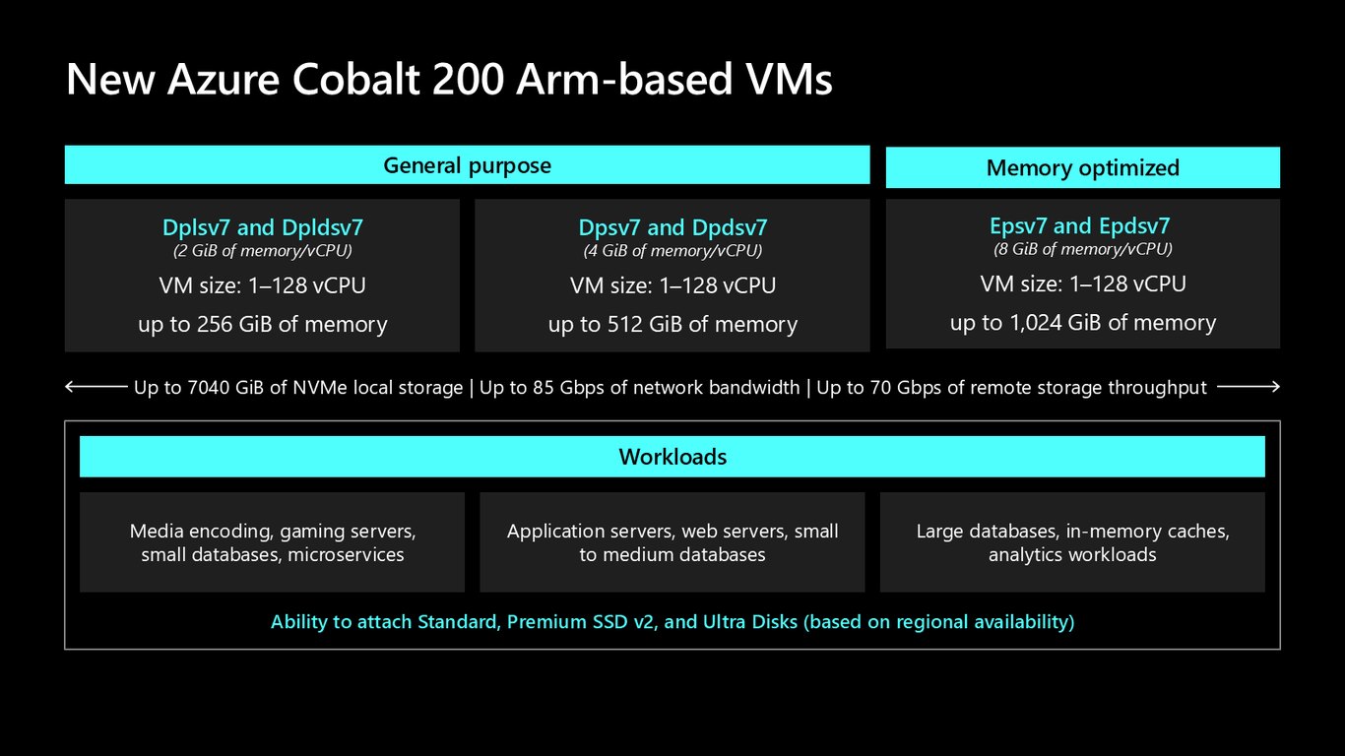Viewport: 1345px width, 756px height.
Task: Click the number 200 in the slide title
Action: pyautogui.click(x=468, y=80)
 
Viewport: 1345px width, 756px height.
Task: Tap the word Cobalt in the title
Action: pyautogui.click(x=356, y=79)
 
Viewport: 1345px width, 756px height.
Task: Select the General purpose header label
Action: pyautogui.click(x=467, y=165)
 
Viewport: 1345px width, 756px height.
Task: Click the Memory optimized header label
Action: pyautogui.click(x=1083, y=168)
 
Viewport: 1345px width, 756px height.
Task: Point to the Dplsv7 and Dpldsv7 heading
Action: pyautogui.click(x=262, y=227)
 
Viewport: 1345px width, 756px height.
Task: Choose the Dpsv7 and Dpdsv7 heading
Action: pyautogui.click(x=672, y=227)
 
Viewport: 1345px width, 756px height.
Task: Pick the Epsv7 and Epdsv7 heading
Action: pyautogui.click(x=1079, y=225)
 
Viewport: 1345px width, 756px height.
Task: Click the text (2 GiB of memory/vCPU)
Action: pyautogui.click(x=262, y=251)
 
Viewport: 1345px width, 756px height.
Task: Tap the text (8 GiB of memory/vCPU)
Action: pyautogui.click(x=1083, y=249)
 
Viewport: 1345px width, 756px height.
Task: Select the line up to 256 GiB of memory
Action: pyautogui.click(x=262, y=324)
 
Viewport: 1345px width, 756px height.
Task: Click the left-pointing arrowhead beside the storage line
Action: pyautogui.click(x=69, y=387)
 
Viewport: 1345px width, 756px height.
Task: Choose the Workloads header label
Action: pyautogui.click(x=672, y=458)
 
